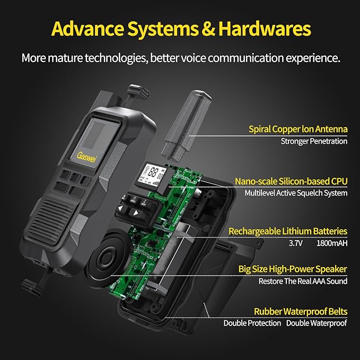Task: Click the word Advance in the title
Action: [x=87, y=29]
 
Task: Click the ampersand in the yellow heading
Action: [x=208, y=29]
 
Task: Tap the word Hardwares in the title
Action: [x=265, y=29]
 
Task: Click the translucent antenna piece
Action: [x=186, y=126]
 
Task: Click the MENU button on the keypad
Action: [x=133, y=199]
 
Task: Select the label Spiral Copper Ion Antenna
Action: [x=298, y=129]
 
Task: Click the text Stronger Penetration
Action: [x=314, y=141]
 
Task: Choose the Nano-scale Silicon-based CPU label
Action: [x=291, y=181]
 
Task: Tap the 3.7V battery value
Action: [x=296, y=243]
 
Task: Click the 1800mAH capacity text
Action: [x=332, y=243]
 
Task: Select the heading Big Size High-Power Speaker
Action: [x=293, y=269]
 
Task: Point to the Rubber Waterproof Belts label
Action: [x=301, y=312]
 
